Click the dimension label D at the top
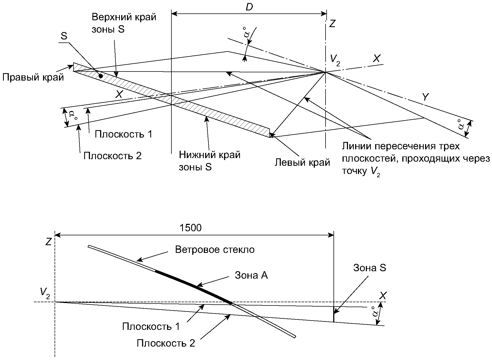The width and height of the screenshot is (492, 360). tap(249, 7)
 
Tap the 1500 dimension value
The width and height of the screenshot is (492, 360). tap(190, 228)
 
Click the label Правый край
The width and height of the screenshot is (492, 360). tap(33, 78)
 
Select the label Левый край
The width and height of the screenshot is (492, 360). tap(302, 162)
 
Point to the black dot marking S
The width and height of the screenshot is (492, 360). tap(101, 76)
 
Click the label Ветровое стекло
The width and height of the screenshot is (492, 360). tap(215, 250)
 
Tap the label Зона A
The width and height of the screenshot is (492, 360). tap(251, 275)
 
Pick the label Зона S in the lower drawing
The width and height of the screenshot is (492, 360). tap(369, 268)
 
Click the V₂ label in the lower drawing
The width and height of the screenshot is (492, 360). tap(44, 293)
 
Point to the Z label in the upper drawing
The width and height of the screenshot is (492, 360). tap(332, 24)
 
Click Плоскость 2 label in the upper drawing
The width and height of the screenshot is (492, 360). tap(112, 156)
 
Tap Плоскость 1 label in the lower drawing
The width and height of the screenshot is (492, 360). tap(151, 327)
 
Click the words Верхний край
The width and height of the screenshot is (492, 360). tap(124, 17)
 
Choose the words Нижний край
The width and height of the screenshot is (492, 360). tap(210, 155)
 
